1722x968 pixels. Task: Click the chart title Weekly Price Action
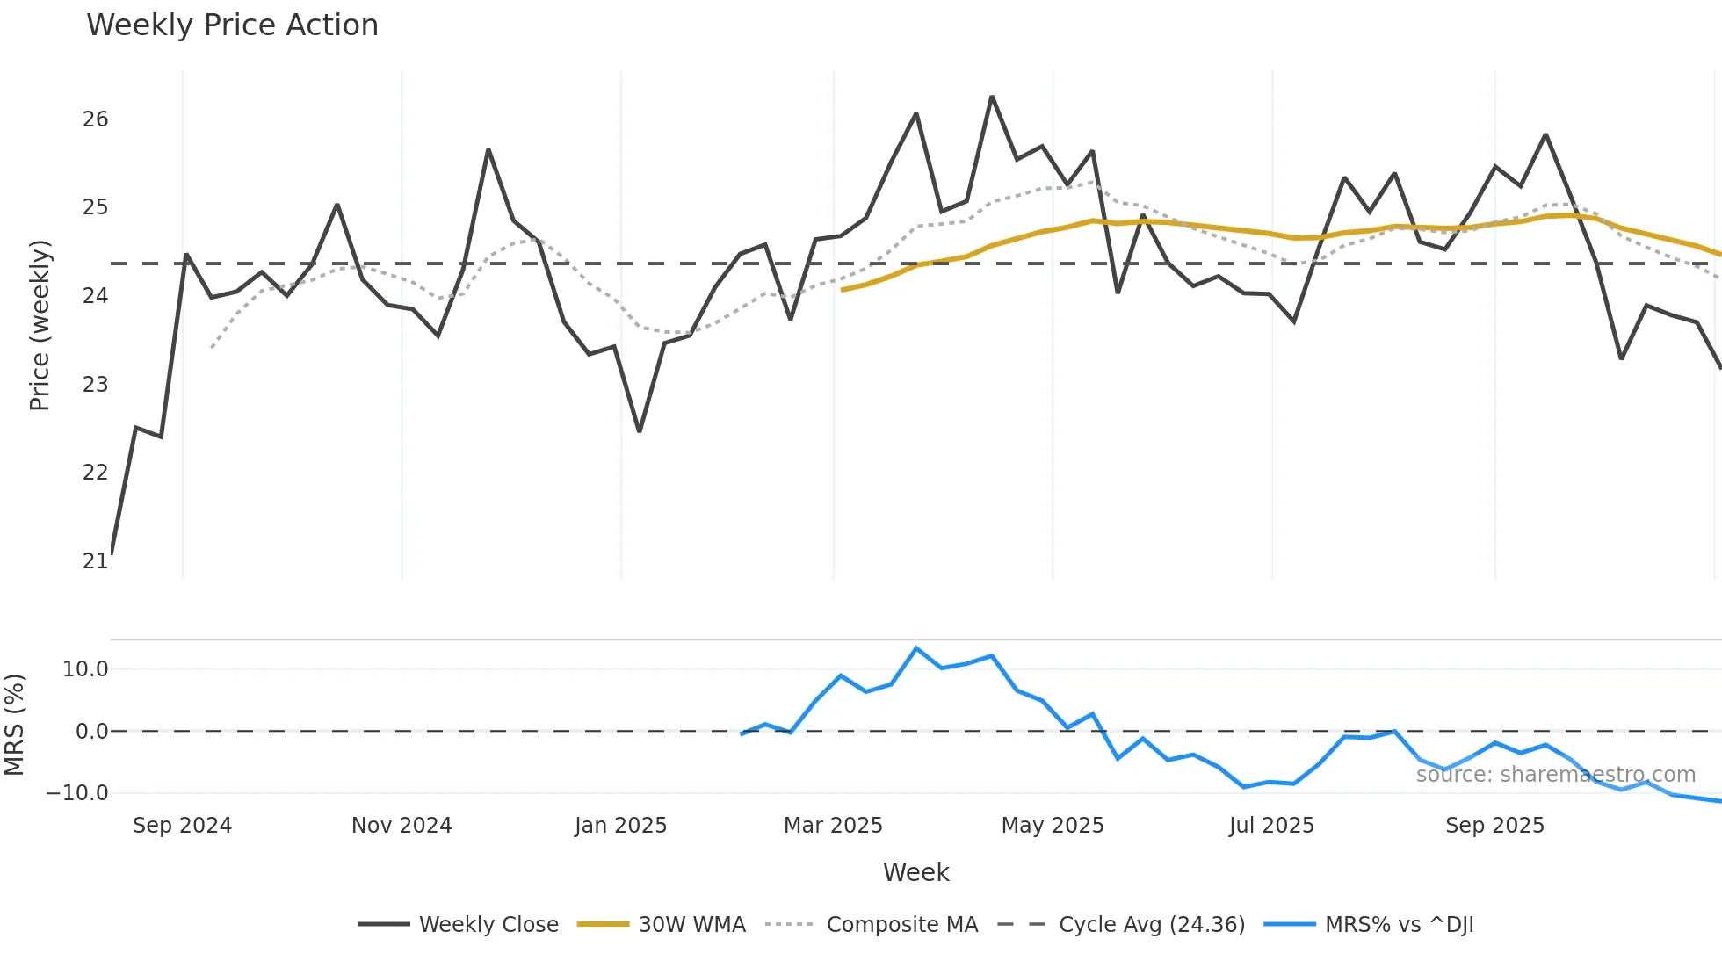pos(232,25)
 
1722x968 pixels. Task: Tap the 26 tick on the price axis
pos(95,119)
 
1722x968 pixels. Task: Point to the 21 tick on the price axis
pos(95,560)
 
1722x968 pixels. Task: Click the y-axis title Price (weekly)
pos(40,325)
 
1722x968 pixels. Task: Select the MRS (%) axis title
pos(14,725)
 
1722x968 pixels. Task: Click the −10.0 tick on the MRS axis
pos(77,792)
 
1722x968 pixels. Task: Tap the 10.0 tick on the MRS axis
pos(85,669)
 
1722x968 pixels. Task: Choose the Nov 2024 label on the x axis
pos(402,826)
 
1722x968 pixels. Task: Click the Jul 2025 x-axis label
pos(1271,826)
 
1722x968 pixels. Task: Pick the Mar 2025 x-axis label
pos(833,826)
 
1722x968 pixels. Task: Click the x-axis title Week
pos(915,872)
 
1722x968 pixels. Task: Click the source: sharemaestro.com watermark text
pos(1555,775)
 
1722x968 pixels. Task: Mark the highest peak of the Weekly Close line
pos(992,97)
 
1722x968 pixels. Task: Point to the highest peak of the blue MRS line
pos(916,648)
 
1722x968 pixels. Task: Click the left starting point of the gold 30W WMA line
pos(842,290)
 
